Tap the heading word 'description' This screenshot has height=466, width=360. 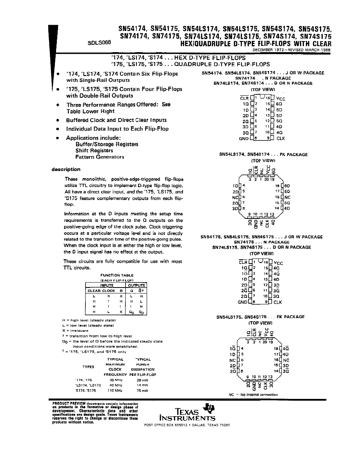[66, 169]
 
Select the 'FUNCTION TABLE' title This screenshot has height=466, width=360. [117, 275]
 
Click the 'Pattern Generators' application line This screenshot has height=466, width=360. [100, 157]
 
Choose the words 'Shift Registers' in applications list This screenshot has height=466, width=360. [94, 151]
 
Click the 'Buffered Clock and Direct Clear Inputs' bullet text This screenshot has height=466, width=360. [116, 120]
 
